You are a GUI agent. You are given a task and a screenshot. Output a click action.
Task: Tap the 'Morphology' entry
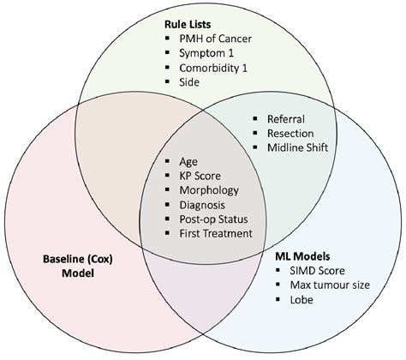209,189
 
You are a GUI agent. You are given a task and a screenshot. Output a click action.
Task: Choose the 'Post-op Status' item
215,219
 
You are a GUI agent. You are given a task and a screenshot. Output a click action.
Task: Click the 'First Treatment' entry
216,233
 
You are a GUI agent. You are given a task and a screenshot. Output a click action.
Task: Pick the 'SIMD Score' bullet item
311,270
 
